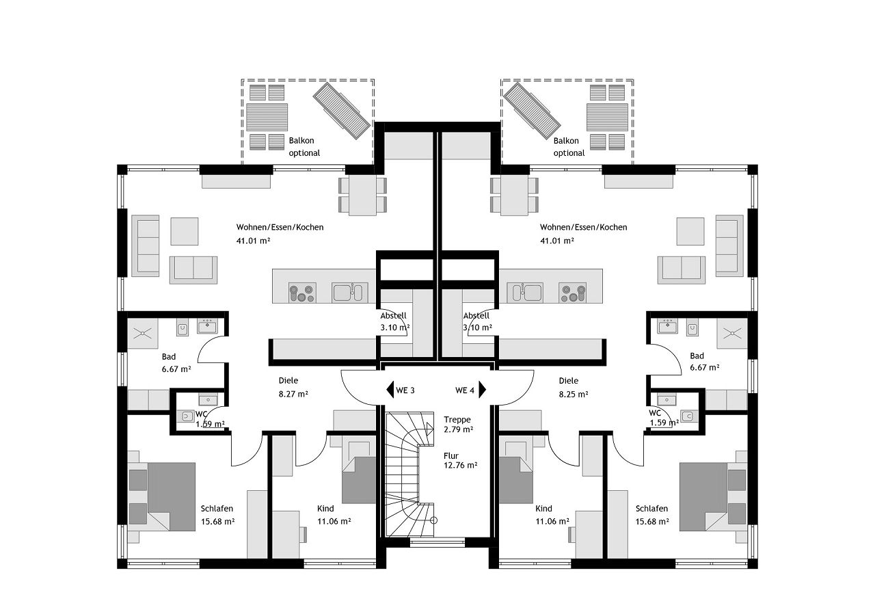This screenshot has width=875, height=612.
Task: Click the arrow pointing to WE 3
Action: tap(390, 390)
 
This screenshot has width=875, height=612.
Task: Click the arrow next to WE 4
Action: tap(483, 389)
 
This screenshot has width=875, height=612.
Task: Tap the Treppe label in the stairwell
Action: tap(457, 420)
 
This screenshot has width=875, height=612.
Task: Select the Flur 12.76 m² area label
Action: tap(460, 460)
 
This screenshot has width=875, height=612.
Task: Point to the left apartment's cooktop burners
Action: tap(302, 293)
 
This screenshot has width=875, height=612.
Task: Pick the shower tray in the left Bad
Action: tap(143, 334)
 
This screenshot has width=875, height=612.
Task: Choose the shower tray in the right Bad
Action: tap(732, 334)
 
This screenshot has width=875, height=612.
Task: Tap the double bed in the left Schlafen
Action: tap(162, 496)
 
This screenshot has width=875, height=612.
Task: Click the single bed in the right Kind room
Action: tap(516, 473)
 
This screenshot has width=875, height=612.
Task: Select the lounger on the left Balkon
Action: tap(341, 111)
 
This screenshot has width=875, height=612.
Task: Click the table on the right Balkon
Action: tap(607, 117)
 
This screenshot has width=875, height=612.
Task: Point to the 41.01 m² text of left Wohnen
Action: tap(253, 241)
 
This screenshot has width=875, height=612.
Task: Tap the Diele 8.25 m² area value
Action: tap(574, 395)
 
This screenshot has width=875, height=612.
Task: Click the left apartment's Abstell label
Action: tap(393, 315)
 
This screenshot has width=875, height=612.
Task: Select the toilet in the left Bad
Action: tap(183, 328)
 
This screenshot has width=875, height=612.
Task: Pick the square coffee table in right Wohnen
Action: tap(690, 231)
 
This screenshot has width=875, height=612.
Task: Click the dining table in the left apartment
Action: tap(362, 195)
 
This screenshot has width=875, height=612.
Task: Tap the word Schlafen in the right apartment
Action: tap(651, 509)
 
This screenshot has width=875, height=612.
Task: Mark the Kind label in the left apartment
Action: tap(325, 509)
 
